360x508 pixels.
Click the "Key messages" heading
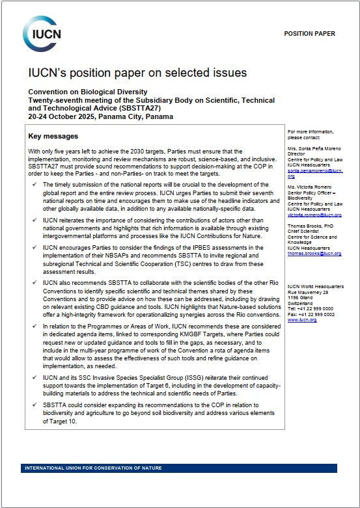(53, 137)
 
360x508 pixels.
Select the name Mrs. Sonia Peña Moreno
(315, 150)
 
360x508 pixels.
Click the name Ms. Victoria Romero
(311, 186)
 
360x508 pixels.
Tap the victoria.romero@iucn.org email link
(314, 214)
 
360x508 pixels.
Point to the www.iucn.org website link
(302, 320)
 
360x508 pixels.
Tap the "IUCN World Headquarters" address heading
(315, 287)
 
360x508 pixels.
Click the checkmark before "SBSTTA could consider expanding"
(33, 404)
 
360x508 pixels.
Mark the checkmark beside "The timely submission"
(33, 185)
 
